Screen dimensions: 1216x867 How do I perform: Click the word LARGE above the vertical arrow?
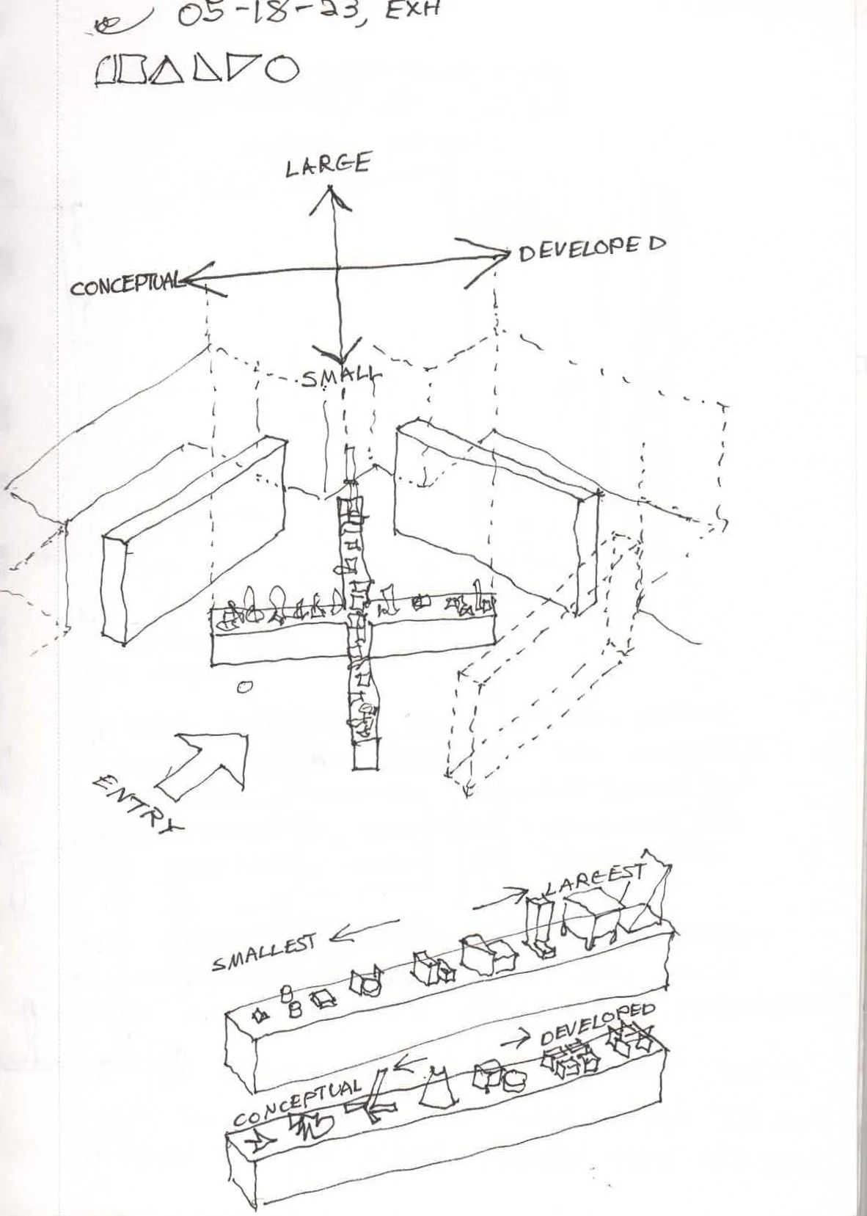(327, 164)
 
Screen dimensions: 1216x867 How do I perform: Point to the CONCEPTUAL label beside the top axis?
(125, 283)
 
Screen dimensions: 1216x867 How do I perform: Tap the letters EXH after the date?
(411, 11)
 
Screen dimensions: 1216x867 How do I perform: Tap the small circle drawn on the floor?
(245, 688)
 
